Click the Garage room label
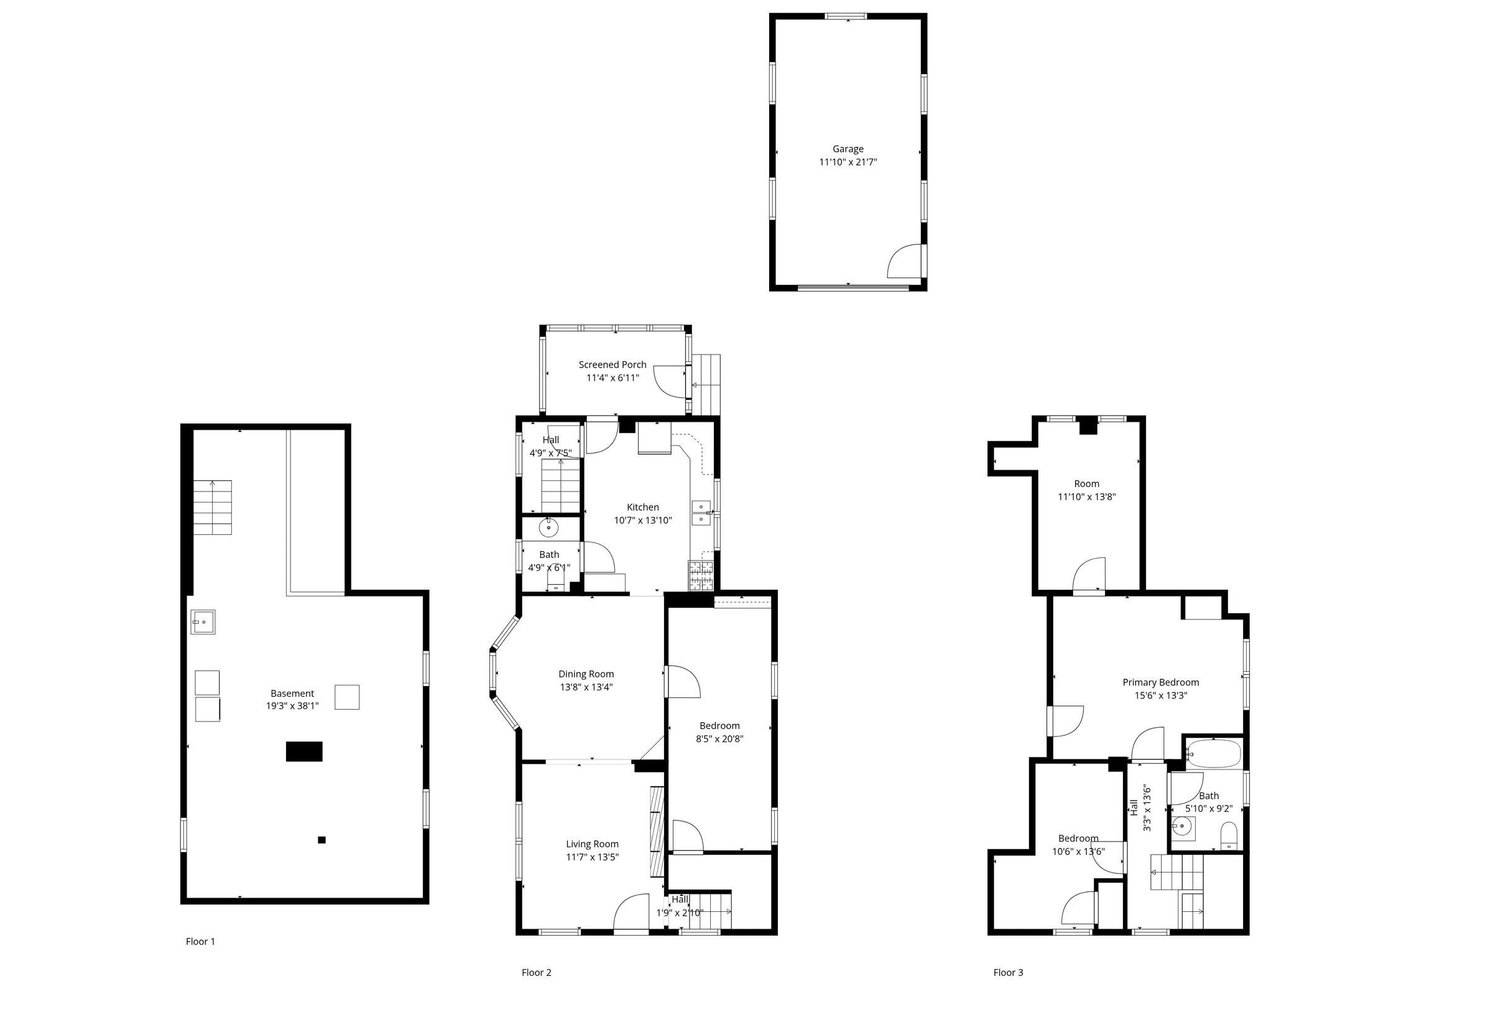848,149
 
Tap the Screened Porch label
612,365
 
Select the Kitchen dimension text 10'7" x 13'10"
643,521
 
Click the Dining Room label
586,674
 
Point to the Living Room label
593,844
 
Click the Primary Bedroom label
1160,682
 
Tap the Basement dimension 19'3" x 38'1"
293,706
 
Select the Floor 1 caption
200,941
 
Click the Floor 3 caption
1009,973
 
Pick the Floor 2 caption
537,973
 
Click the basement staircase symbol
213,508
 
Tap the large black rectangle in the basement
304,751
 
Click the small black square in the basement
321,840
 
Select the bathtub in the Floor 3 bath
1213,753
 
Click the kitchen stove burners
701,575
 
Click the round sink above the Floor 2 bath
550,528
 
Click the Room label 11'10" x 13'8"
1087,491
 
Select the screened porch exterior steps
706,384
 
